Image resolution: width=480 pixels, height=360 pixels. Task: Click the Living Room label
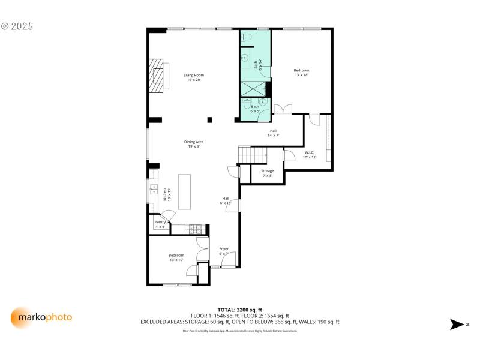194,77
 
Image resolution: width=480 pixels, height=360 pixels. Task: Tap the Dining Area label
194,144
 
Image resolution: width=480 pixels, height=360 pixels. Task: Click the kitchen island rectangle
184,191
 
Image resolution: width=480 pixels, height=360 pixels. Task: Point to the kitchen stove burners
196,229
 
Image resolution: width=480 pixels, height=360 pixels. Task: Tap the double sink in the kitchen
152,192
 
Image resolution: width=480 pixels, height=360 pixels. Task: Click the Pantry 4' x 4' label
160,224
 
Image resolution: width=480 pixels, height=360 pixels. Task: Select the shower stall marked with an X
253,88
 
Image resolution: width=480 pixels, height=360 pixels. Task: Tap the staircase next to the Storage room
252,155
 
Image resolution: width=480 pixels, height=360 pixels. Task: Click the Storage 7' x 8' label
267,173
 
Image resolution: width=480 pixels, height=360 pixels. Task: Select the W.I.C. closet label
310,154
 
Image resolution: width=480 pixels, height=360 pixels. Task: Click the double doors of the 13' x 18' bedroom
282,109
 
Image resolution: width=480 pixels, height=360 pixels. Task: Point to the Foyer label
224,251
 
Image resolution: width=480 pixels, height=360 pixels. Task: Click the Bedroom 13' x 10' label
176,257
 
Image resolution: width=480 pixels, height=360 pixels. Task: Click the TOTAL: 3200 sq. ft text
239,309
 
